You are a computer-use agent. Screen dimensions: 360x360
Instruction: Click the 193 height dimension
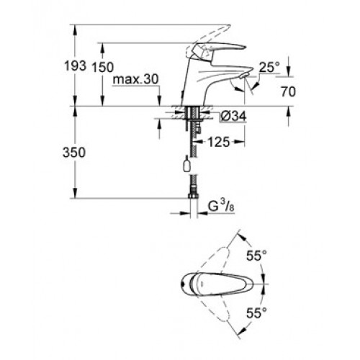point(75,66)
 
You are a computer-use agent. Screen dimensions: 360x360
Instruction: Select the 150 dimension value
point(103,67)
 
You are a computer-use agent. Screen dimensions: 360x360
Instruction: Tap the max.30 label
point(136,79)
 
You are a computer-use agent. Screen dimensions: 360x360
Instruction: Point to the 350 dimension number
point(74,152)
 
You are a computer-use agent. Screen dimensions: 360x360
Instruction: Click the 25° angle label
point(269,67)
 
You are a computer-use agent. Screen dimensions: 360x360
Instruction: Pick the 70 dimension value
point(288,91)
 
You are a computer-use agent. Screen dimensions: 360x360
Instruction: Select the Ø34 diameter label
point(233,117)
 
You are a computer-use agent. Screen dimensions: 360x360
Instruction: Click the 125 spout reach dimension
point(219,142)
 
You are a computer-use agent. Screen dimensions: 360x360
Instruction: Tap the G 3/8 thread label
point(221,206)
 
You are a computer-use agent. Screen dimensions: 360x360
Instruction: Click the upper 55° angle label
point(256,256)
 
